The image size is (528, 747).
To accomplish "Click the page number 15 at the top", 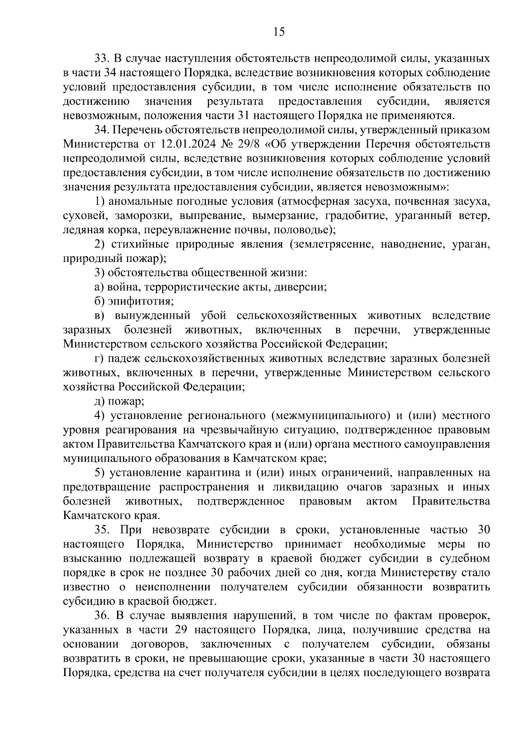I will tap(279, 32).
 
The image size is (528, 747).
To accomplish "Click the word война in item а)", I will tap(122, 287).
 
